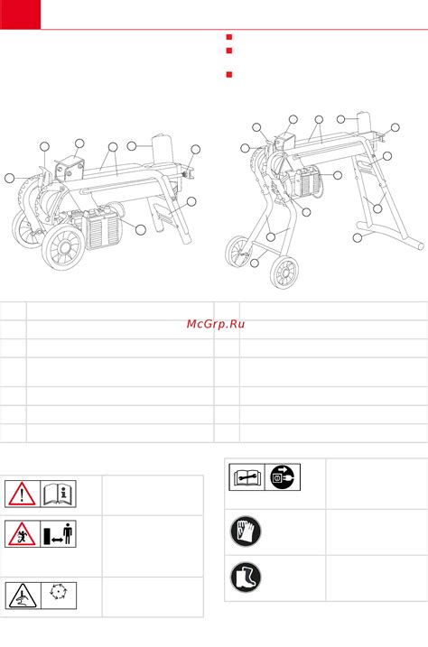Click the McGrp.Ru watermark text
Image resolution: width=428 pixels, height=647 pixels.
(x=216, y=324)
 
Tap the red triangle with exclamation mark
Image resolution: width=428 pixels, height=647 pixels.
(x=22, y=494)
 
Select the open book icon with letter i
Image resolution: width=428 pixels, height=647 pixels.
(x=58, y=494)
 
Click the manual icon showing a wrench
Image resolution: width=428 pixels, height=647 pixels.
(x=247, y=477)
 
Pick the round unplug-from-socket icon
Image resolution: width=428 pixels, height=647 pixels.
(x=283, y=477)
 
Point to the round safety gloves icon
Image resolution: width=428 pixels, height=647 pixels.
(x=246, y=531)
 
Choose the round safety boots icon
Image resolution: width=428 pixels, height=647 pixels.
(x=246, y=577)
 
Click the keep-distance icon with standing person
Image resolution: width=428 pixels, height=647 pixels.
(x=58, y=534)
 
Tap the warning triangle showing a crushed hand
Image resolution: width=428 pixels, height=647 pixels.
(x=23, y=596)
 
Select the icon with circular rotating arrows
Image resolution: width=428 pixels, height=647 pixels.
(x=58, y=592)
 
